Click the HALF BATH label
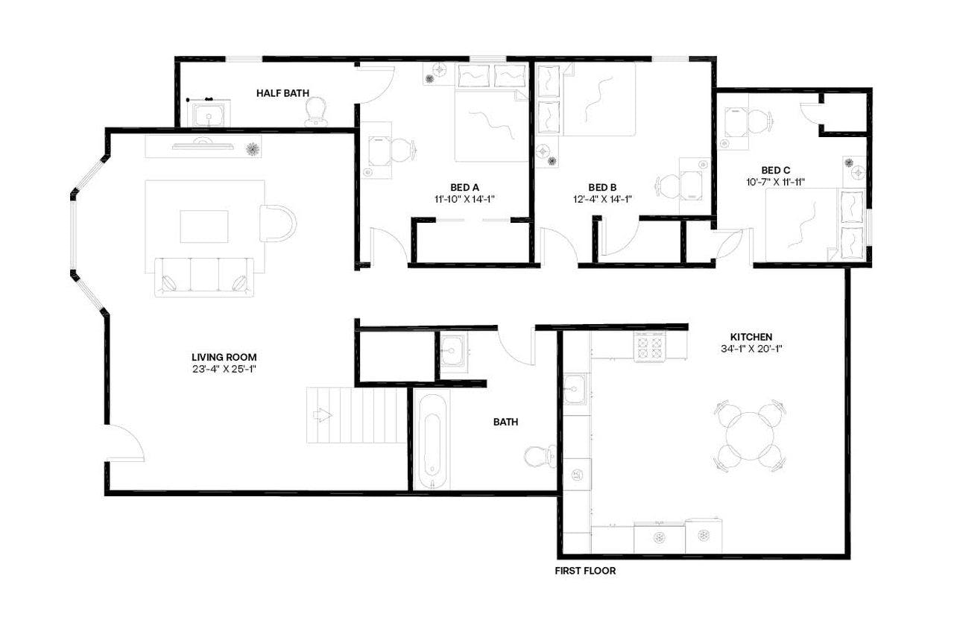(x=282, y=93)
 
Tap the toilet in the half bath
(x=316, y=112)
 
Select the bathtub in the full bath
(x=432, y=440)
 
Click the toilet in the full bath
(x=539, y=455)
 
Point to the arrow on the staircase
(x=323, y=415)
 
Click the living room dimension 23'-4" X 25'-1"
(x=224, y=369)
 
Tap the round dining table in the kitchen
(x=749, y=436)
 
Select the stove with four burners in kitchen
(x=649, y=347)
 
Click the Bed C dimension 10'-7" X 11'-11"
(x=776, y=181)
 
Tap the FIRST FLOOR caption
(x=585, y=572)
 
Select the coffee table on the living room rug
(x=204, y=226)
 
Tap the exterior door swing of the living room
(x=125, y=443)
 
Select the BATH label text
(x=505, y=422)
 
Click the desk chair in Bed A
(x=402, y=150)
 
